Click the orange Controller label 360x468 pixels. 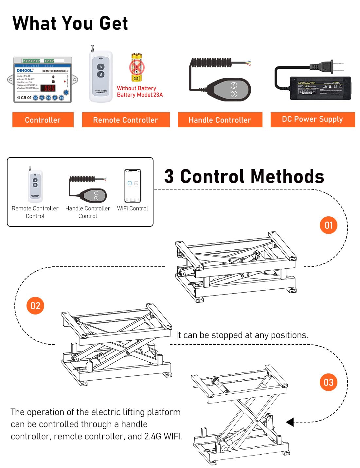tap(43, 120)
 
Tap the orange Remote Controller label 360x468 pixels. tap(126, 120)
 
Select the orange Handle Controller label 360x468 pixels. tap(220, 120)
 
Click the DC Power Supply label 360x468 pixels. tap(313, 119)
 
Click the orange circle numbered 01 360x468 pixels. tap(328, 225)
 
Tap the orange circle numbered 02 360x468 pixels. tap(35, 306)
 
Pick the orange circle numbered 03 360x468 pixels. tap(328, 382)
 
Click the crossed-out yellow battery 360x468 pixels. tap(137, 68)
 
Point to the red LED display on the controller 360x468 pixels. tap(49, 88)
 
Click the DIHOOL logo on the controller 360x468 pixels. tap(25, 70)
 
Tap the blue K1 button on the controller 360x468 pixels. tap(36, 98)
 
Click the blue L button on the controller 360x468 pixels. tap(66, 92)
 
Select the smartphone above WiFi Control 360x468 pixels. tap(133, 186)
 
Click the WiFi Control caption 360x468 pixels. tap(133, 208)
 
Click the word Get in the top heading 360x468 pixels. tap(113, 24)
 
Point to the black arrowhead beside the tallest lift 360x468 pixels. tap(290, 422)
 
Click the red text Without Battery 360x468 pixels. tap(136, 88)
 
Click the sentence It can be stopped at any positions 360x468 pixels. tap(242, 335)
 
